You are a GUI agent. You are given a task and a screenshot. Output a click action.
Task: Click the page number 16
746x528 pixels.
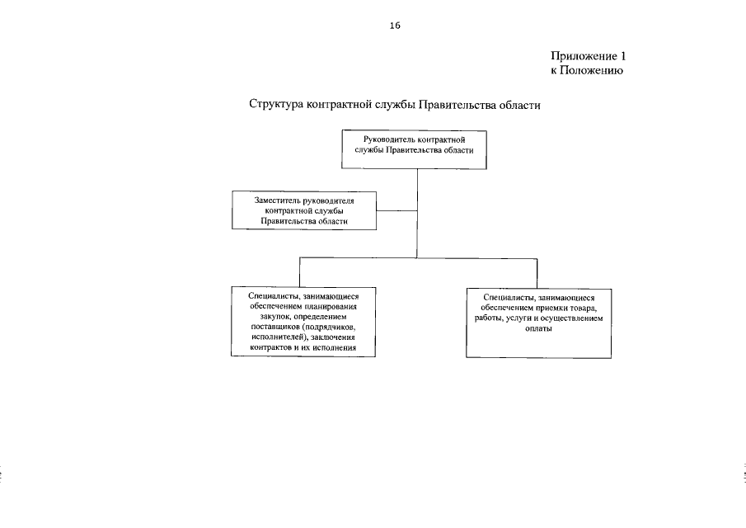[395, 26]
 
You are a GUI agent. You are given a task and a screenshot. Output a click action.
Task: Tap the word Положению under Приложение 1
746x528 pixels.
[592, 72]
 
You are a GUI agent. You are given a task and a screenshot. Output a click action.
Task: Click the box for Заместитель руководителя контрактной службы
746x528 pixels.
[303, 210]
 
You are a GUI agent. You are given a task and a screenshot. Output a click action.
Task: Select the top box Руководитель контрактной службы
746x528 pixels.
[414, 148]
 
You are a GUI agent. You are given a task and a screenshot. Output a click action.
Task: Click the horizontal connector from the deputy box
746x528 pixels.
[396, 210]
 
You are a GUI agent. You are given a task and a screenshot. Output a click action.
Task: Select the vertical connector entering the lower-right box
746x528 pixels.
[537, 272]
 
